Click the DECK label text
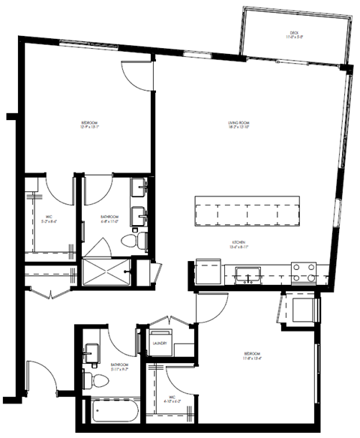[x=294, y=34]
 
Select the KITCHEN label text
[x=238, y=244]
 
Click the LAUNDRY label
[x=159, y=343]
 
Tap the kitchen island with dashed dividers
[x=247, y=212]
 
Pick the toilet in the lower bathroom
[x=91, y=377]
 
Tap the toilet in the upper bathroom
[x=132, y=240]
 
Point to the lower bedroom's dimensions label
[x=253, y=358]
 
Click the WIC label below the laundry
[x=169, y=398]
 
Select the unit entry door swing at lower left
[x=37, y=375]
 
